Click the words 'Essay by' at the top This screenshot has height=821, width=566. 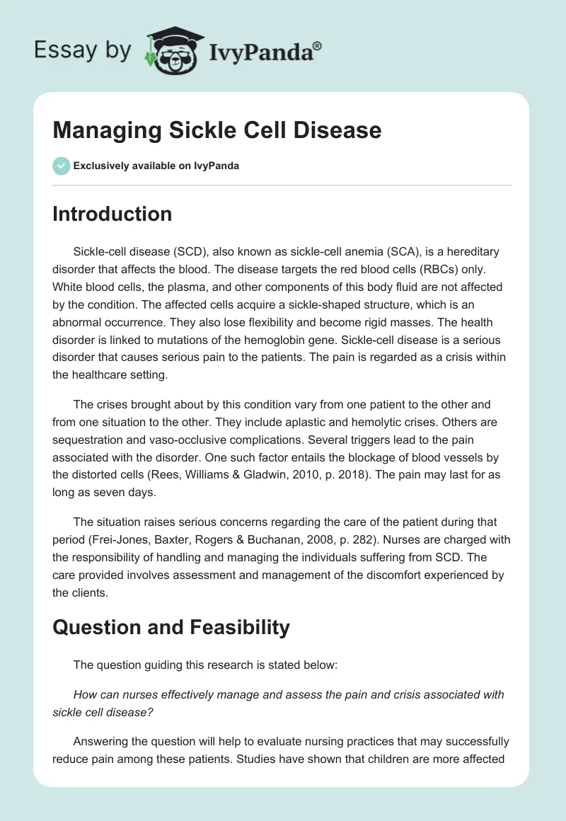pyautogui.click(x=82, y=51)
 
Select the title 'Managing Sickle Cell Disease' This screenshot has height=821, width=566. pyautogui.click(x=217, y=130)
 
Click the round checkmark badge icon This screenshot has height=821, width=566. pyautogui.click(x=61, y=166)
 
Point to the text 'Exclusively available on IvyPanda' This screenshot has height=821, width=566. pyautogui.click(x=156, y=166)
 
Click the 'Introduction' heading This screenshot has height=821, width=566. pyautogui.click(x=112, y=214)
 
